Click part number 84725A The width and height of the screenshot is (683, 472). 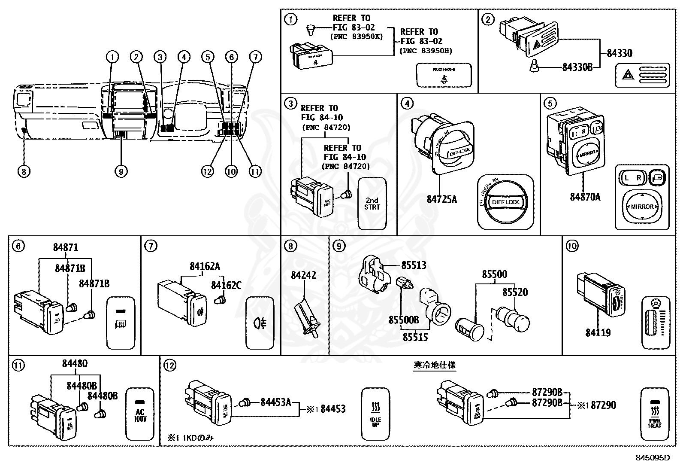click(x=441, y=199)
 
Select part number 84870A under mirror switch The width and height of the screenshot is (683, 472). click(x=585, y=197)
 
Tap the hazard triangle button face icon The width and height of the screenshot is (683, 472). click(x=643, y=76)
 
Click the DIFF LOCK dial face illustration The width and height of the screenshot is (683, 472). click(x=505, y=202)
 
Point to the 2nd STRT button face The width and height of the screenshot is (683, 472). click(x=372, y=204)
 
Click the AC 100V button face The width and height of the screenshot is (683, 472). click(x=140, y=414)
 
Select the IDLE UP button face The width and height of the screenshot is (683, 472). click(x=375, y=414)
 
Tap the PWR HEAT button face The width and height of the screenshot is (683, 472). click(x=655, y=414)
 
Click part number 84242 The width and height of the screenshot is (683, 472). click(x=303, y=275)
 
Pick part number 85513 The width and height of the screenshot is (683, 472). click(x=414, y=265)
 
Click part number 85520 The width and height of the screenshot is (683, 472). click(x=515, y=292)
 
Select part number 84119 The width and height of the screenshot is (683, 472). click(x=598, y=332)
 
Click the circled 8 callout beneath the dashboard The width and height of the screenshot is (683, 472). click(x=24, y=172)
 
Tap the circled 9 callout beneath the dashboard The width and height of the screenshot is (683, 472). click(x=121, y=172)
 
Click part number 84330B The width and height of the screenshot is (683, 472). click(x=577, y=67)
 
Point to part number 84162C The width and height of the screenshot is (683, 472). click(x=226, y=285)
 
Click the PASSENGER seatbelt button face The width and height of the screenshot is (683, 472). click(x=444, y=75)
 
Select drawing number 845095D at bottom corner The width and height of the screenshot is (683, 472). click(x=653, y=458)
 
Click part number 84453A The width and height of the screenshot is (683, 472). click(x=276, y=402)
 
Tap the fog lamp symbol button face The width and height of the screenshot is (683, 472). click(x=260, y=323)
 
